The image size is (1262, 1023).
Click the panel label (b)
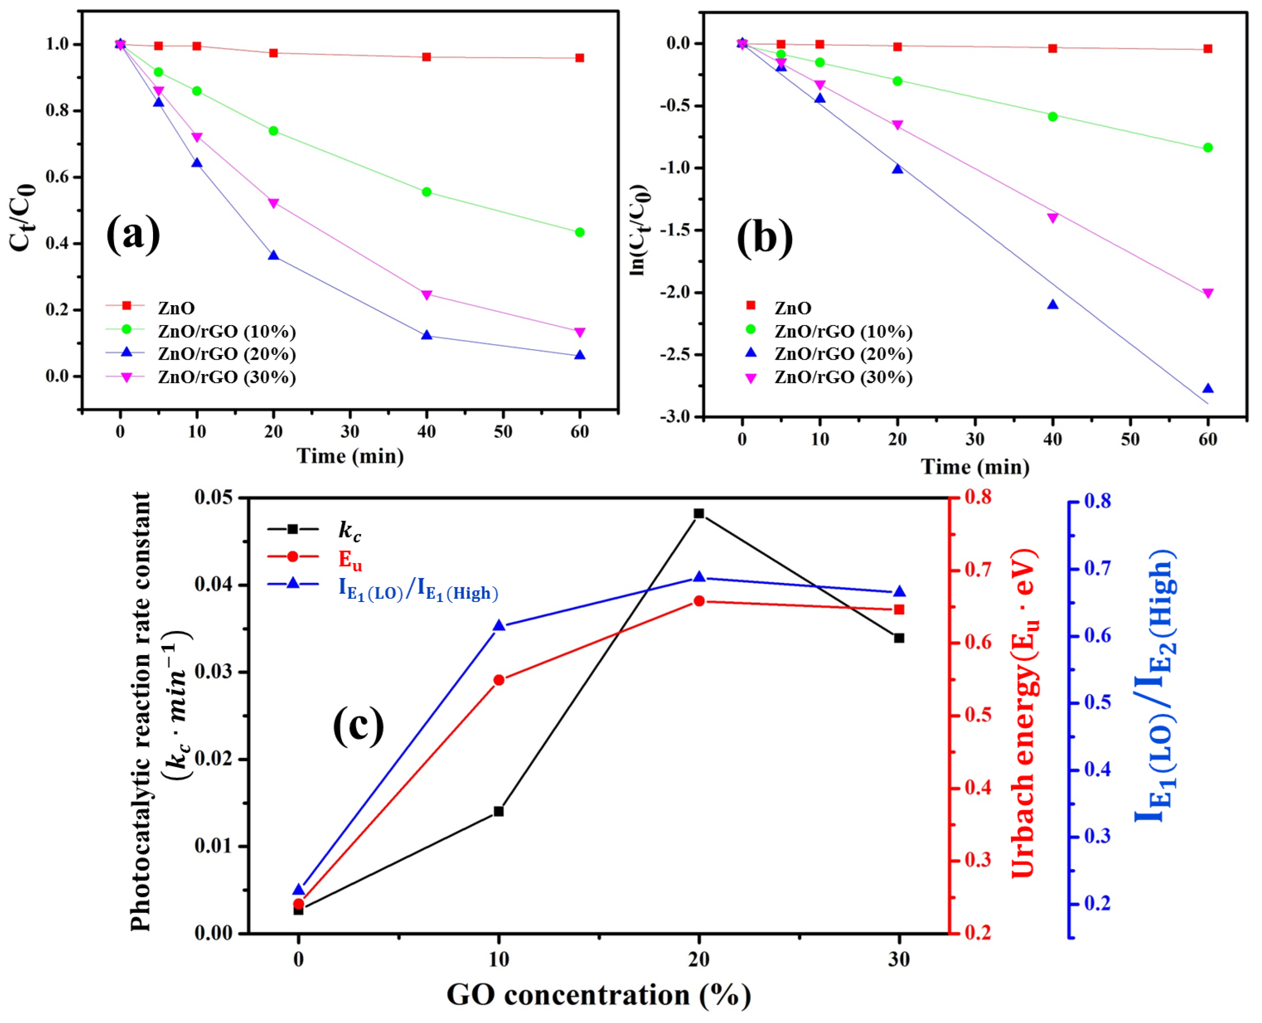point(764,238)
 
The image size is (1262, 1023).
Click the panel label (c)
point(358,726)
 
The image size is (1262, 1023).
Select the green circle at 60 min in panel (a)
point(579,232)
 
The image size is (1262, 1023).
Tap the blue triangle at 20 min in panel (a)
point(273,255)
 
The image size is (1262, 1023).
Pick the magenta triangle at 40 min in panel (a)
point(427,295)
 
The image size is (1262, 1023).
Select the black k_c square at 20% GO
point(698,514)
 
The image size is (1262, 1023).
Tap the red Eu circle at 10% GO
point(499,680)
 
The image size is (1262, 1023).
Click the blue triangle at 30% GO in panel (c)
point(899,592)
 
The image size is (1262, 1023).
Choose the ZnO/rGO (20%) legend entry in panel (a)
point(226,354)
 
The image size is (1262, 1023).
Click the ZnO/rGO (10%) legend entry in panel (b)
point(842,332)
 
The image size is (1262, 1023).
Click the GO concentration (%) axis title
point(598,995)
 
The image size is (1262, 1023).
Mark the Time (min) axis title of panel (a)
point(350,456)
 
